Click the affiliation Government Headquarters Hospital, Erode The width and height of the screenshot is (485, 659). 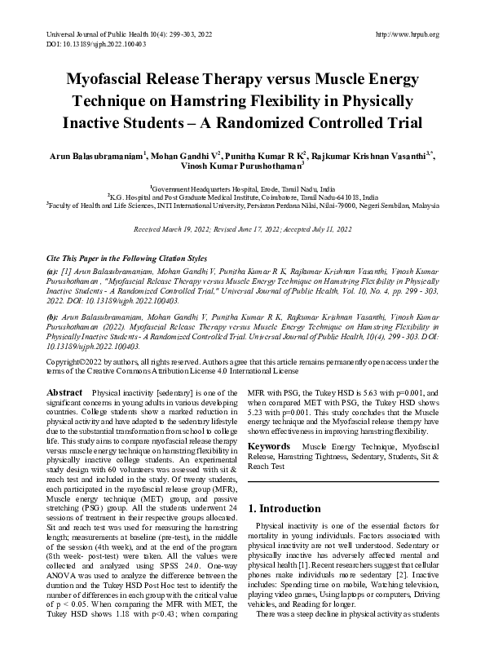[x=243, y=188]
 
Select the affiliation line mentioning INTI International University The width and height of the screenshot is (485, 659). [x=243, y=207]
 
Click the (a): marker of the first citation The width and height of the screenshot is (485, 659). [x=53, y=272]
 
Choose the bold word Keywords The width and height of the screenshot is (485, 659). [x=270, y=446]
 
